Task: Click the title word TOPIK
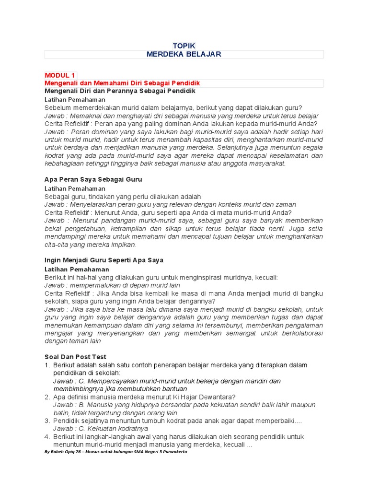pyautogui.click(x=184, y=45)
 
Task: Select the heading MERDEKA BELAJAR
pyautogui.click(x=184, y=54)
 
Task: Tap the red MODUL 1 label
pyautogui.click(x=60, y=75)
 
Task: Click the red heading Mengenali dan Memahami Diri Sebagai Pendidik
pyautogui.click(x=122, y=83)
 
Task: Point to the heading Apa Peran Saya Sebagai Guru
pyautogui.click(x=93, y=179)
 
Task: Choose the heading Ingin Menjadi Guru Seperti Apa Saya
pyautogui.click(x=104, y=260)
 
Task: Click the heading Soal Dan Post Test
pyautogui.click(x=75, y=357)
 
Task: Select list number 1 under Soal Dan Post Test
pyautogui.click(x=47, y=365)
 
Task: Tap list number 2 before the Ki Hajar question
pyautogui.click(x=47, y=397)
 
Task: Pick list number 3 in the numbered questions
pyautogui.click(x=47, y=421)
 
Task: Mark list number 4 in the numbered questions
pyautogui.click(x=47, y=437)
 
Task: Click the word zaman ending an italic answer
pyautogui.click(x=286, y=204)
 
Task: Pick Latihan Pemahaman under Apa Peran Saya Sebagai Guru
pyautogui.click(x=75, y=188)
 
